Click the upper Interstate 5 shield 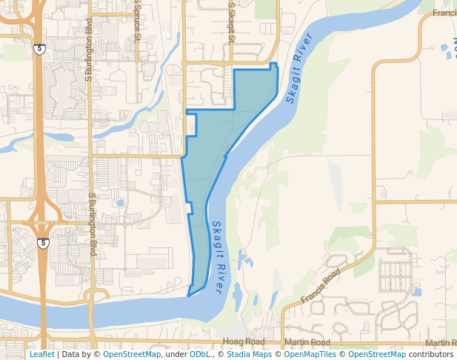tap(39, 49)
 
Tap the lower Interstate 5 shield tap(44, 243)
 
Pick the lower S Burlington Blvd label tap(93, 224)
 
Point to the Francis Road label tap(321, 285)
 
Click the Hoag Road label tap(243, 342)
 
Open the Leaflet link tap(41, 354)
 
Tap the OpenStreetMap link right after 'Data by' tap(132, 354)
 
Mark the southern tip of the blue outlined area tap(189, 296)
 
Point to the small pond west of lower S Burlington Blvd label tap(119, 202)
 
